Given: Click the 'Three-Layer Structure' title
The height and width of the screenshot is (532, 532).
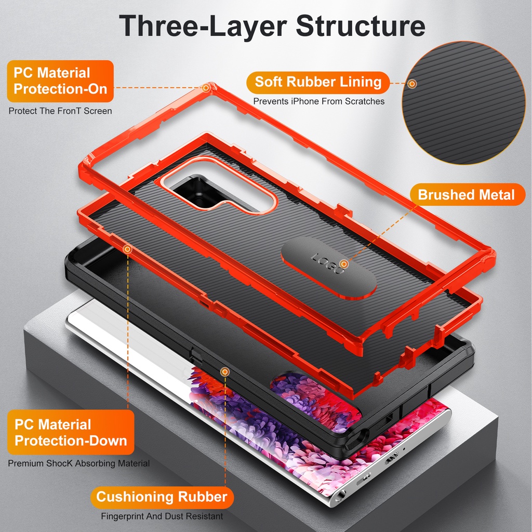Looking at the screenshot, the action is pos(272,26).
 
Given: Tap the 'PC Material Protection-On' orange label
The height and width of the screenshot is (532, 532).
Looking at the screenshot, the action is pos(60,81).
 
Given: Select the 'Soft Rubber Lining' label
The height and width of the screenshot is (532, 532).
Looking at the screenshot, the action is pos(318,82).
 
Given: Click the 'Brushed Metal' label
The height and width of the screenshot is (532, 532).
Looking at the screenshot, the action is pos(467,195).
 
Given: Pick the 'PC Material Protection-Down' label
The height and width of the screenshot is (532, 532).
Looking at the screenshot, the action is pos(71,432).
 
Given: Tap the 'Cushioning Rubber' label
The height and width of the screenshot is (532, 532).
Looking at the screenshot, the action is pos(162,497).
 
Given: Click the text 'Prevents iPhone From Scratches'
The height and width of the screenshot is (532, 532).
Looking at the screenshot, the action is pos(319,101).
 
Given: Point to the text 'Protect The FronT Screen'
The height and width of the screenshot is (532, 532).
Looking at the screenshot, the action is pos(60,111).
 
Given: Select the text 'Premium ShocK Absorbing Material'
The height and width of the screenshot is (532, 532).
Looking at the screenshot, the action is pos(79,463).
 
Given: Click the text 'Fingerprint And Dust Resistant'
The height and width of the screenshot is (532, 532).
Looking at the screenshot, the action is pos(162,516).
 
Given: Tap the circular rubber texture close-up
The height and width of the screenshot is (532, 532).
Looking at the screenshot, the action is pos(463,103).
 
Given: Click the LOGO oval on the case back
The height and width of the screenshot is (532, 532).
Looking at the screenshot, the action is pos(328,268).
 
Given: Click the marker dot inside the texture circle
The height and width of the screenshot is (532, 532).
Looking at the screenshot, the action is pos(412,84).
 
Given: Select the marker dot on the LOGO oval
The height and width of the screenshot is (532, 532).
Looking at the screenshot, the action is pos(344,264).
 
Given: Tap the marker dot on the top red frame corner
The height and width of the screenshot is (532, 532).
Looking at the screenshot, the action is pos(206,88).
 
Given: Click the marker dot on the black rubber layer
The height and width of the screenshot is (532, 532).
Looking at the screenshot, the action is pos(224,372).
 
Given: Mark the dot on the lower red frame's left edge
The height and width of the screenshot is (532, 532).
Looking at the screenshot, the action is pos(128,250).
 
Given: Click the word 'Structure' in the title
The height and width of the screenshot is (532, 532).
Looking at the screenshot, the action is pos(361,26).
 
